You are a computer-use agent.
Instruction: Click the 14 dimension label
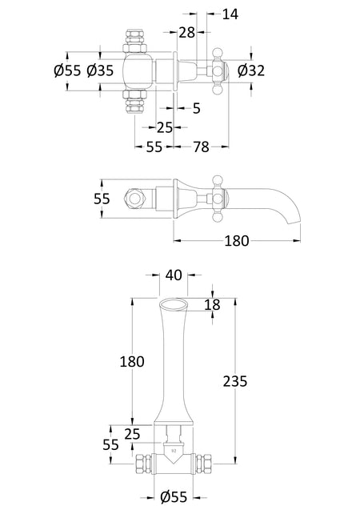click(230, 14)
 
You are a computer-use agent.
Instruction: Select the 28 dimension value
click(187, 32)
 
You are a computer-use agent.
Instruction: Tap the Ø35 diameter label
click(100, 70)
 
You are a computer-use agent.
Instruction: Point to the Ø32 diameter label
click(251, 70)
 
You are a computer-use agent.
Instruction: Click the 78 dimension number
click(201, 147)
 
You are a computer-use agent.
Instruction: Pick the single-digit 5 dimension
click(197, 108)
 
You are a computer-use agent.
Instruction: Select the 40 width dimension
click(174, 275)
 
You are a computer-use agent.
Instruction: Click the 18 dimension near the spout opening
click(213, 305)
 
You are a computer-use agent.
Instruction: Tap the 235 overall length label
click(235, 381)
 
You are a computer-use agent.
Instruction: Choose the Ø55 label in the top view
click(67, 70)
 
